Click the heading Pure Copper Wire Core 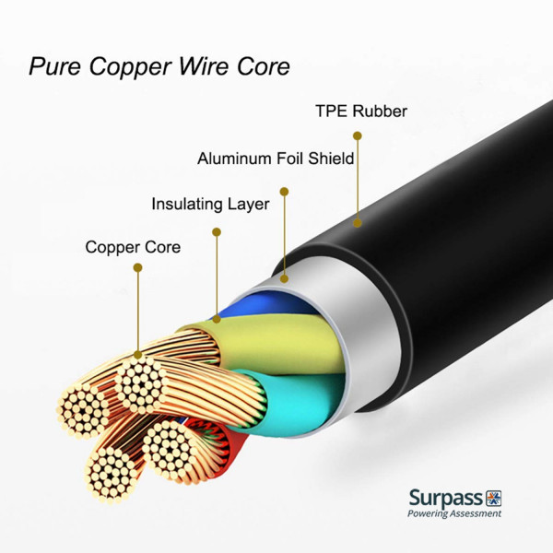(x=159, y=67)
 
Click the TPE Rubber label (x=361, y=112)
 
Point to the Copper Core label (x=133, y=247)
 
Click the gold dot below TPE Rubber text (x=358, y=135)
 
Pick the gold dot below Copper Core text (x=137, y=268)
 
